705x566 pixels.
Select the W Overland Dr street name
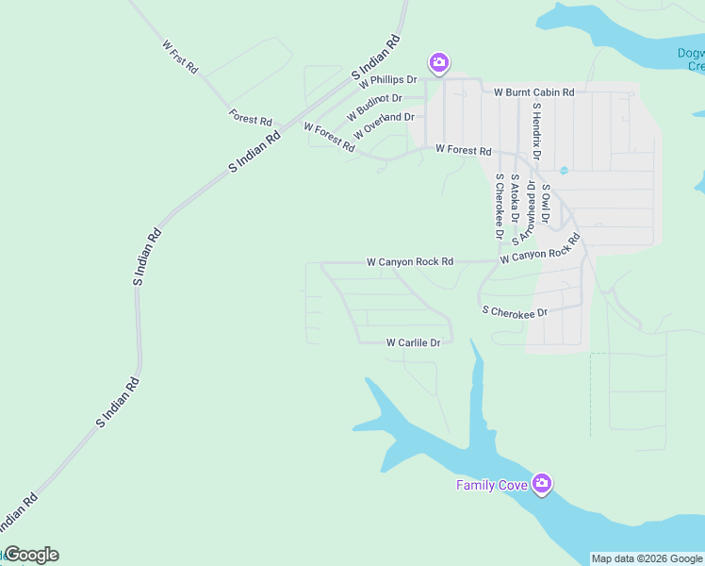click(384, 124)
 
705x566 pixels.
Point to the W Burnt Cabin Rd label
click(534, 92)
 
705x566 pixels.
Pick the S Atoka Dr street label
click(515, 196)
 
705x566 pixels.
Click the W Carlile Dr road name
click(413, 343)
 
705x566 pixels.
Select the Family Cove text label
click(492, 485)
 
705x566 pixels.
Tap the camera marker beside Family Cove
click(542, 484)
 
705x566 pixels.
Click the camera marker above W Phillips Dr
click(438, 63)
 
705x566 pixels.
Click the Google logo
click(30, 555)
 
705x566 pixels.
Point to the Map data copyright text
click(648, 558)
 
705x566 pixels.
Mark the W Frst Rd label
click(180, 57)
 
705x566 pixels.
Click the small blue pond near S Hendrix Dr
click(564, 171)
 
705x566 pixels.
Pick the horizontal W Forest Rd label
click(463, 151)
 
